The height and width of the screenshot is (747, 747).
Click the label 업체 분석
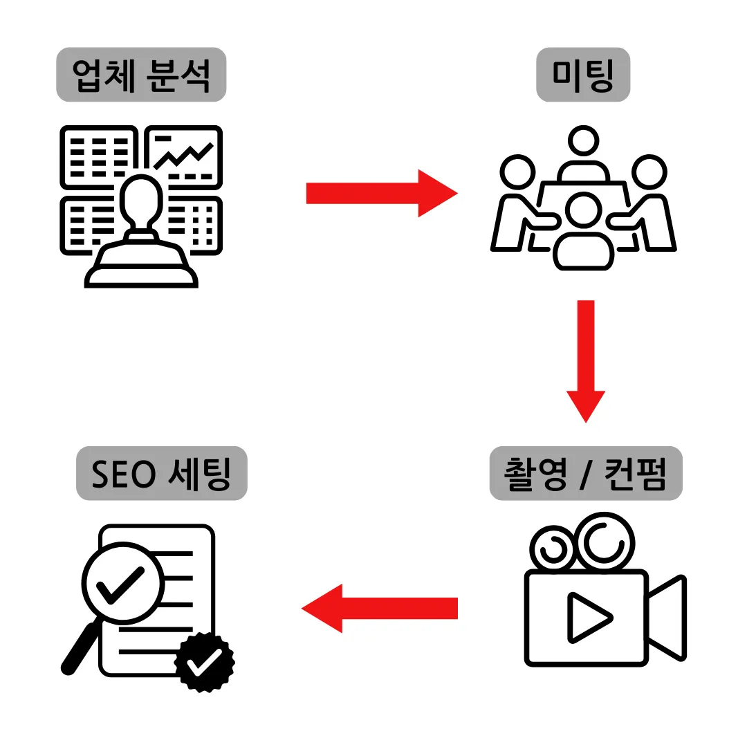(x=141, y=75)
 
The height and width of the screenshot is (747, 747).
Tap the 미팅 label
(x=583, y=75)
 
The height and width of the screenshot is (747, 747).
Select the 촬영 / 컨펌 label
(x=586, y=473)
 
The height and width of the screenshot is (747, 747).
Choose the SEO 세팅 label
(x=161, y=473)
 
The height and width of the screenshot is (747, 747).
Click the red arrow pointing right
(x=381, y=193)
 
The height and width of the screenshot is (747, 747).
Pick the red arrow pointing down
(x=586, y=360)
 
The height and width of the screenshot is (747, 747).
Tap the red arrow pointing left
(x=380, y=608)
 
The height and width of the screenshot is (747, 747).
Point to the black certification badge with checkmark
(x=205, y=662)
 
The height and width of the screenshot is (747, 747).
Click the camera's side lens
(x=666, y=617)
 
